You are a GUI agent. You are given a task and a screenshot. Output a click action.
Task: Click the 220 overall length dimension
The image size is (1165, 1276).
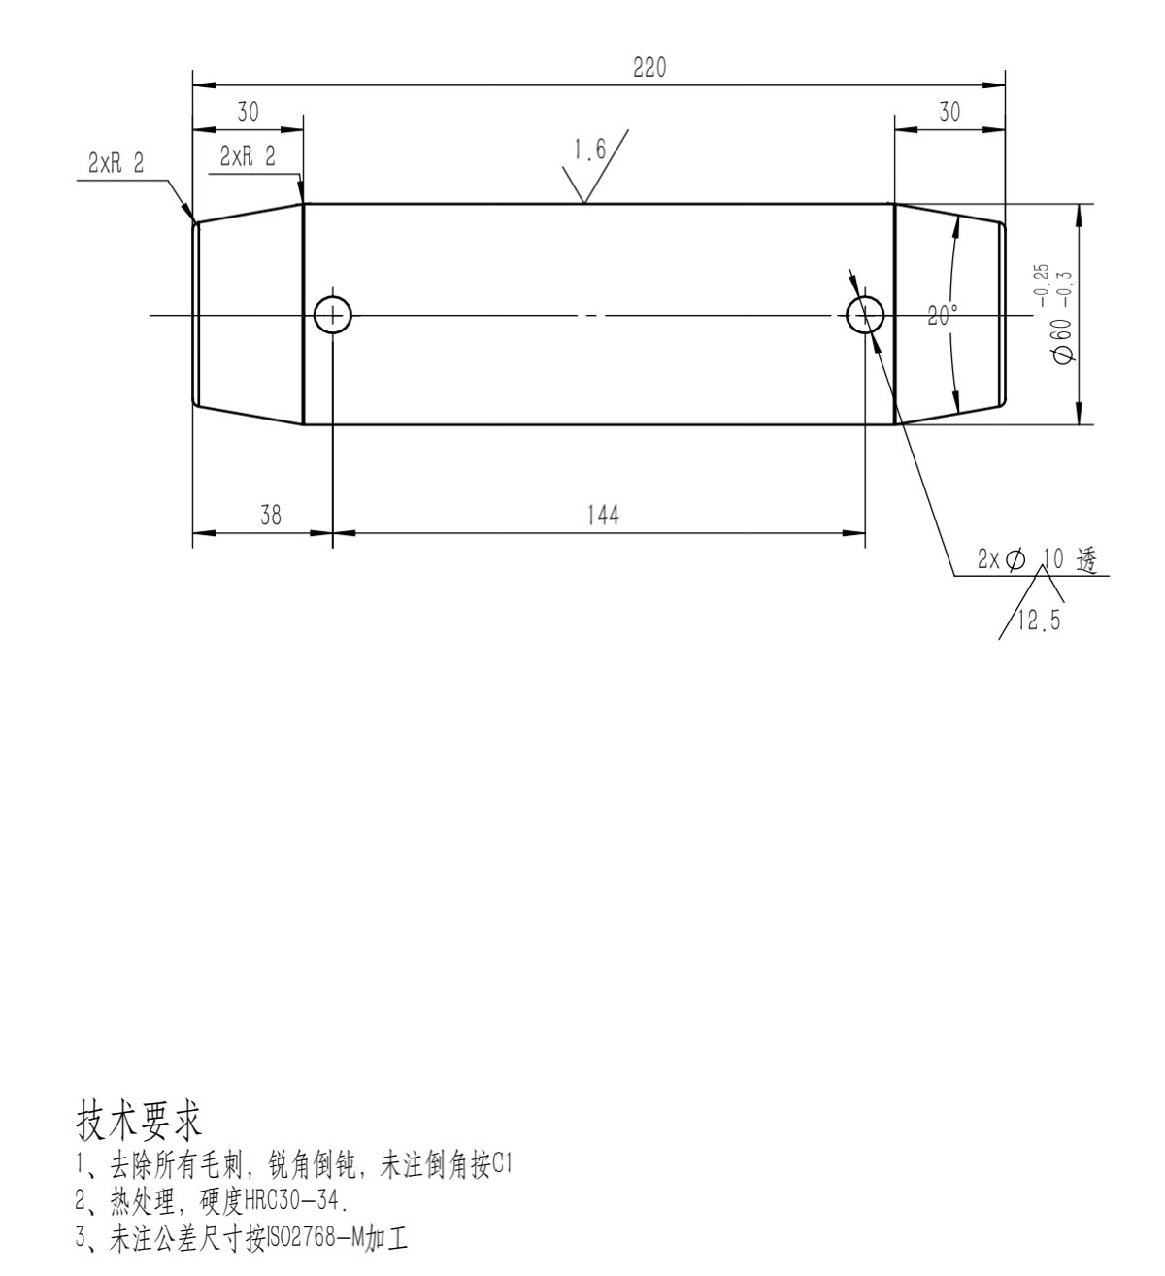(649, 67)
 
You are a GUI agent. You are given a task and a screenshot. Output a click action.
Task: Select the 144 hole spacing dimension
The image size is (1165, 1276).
(602, 515)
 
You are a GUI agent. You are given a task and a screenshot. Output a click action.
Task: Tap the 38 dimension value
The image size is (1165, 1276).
(270, 515)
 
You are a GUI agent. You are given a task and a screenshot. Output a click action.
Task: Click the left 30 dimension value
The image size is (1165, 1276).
(248, 113)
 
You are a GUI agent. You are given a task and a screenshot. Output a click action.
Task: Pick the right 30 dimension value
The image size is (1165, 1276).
(949, 113)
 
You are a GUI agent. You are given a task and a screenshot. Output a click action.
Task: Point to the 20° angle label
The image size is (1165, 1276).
(943, 315)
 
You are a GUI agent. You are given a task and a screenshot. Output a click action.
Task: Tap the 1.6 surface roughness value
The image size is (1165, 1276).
(590, 151)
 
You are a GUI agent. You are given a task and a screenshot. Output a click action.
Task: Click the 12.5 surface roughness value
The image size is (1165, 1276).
(1039, 620)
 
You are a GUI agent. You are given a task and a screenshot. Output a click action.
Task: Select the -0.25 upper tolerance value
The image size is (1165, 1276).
(1043, 285)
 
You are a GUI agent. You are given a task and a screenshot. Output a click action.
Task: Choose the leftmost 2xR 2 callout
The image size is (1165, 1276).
(116, 164)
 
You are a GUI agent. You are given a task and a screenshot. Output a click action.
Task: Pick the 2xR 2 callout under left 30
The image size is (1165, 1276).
(248, 156)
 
